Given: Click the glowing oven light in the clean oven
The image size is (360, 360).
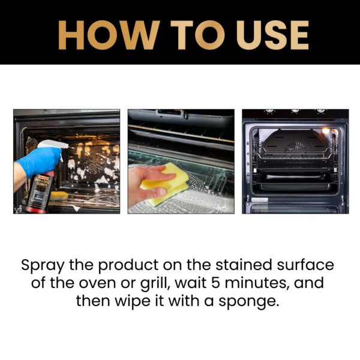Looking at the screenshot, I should pos(326,131).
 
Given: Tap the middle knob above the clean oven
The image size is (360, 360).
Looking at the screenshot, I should pos(295,111).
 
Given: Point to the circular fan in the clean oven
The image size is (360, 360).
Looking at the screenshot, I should pos(294,147).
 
